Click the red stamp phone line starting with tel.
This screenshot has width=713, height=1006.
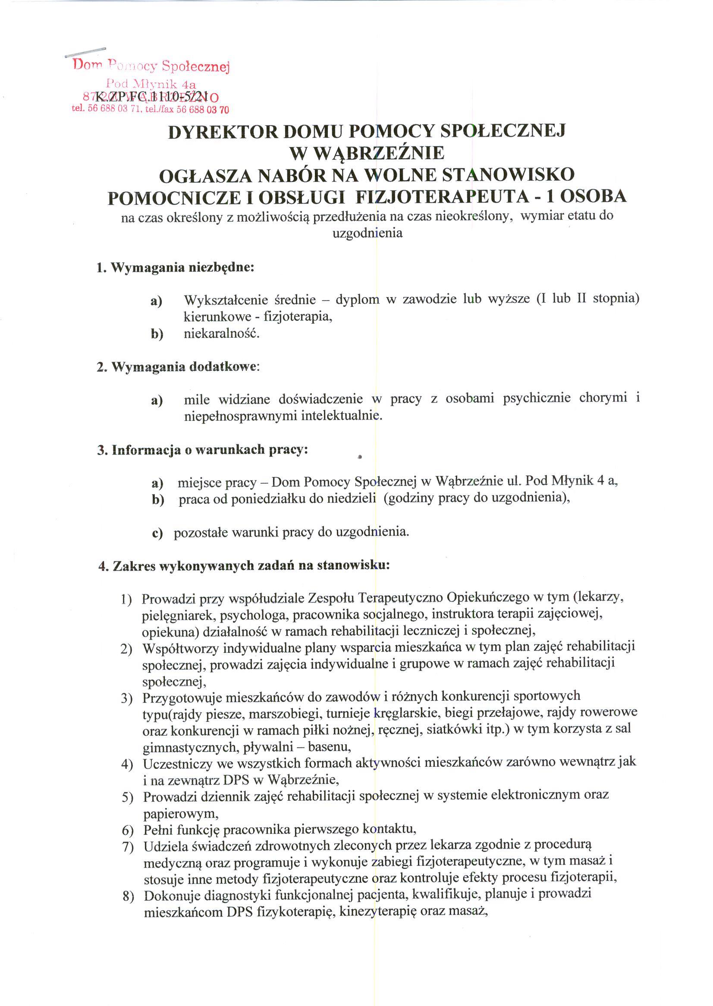click(x=150, y=110)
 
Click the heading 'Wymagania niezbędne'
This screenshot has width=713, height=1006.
click(x=175, y=267)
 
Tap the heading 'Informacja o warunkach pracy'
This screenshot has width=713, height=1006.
click(x=202, y=450)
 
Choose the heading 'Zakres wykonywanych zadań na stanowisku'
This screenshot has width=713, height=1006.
click(x=244, y=566)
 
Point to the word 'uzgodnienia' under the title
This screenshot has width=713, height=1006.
click(x=367, y=233)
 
